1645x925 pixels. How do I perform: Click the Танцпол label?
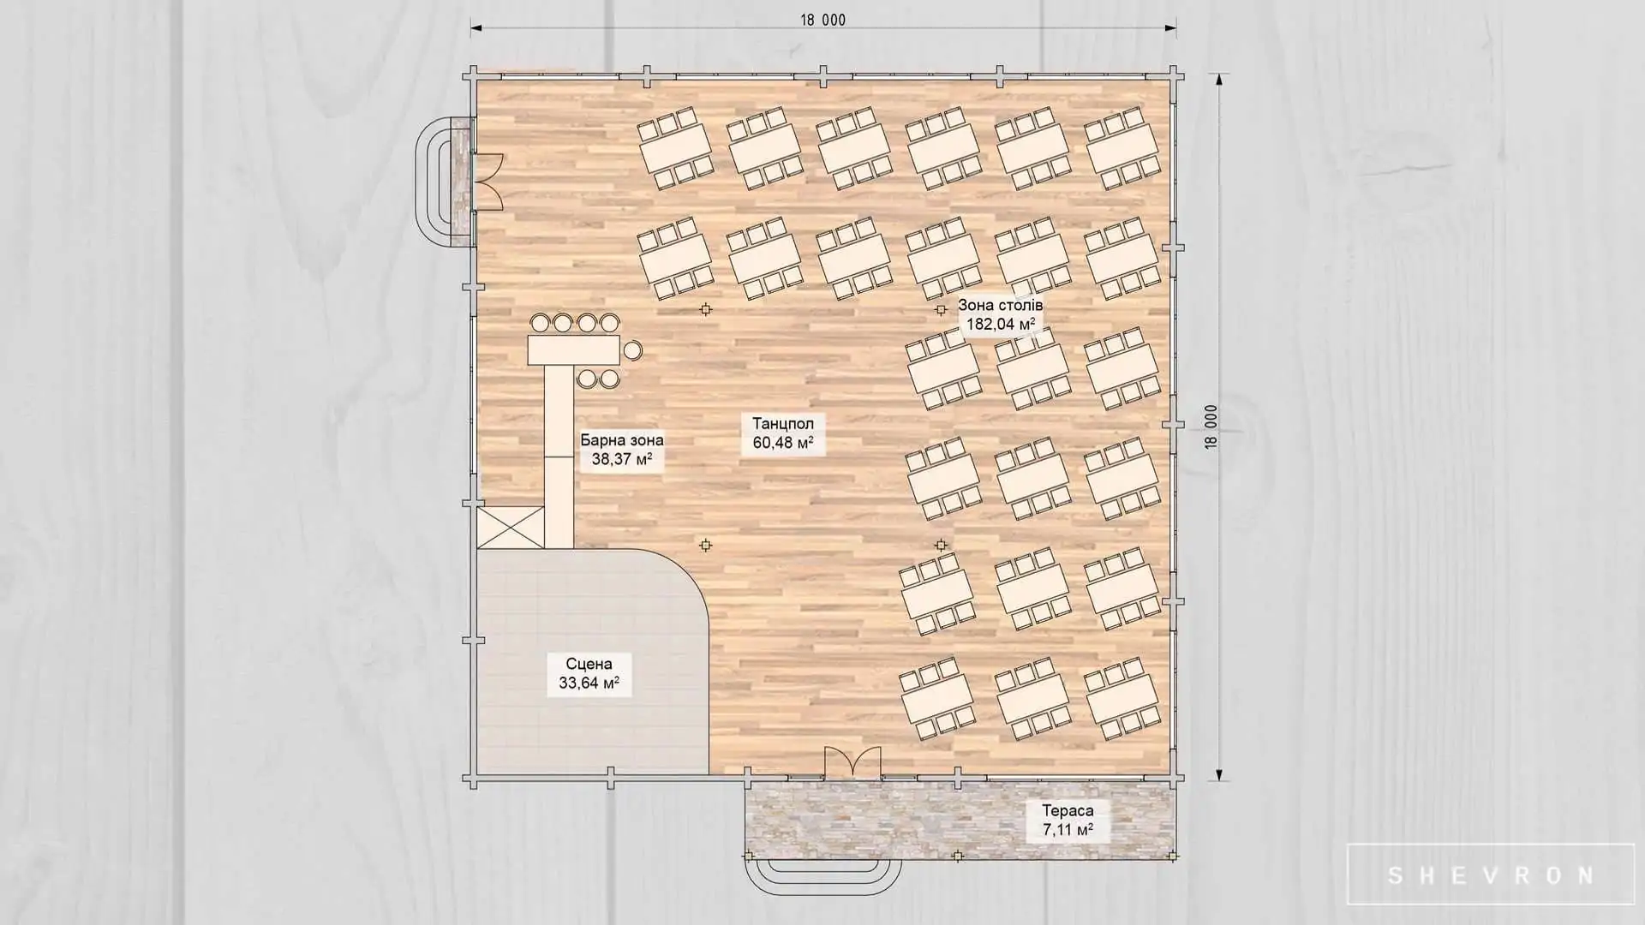pyautogui.click(x=783, y=424)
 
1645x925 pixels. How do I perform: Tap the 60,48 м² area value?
pyautogui.click(x=783, y=443)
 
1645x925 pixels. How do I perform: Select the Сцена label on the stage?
pyautogui.click(x=589, y=664)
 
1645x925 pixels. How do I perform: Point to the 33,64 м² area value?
pyautogui.click(x=589, y=683)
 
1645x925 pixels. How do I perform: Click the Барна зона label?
pyautogui.click(x=622, y=440)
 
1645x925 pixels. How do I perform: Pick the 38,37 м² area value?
pyautogui.click(x=622, y=459)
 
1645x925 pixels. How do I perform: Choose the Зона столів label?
pyautogui.click(x=1001, y=305)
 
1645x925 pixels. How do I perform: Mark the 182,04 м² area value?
pyautogui.click(x=1001, y=324)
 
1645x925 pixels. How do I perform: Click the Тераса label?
pyautogui.click(x=1068, y=810)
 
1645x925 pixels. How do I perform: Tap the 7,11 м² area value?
pyautogui.click(x=1068, y=829)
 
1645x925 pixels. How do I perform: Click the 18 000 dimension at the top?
pyautogui.click(x=823, y=20)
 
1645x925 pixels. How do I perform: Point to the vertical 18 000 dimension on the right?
pyautogui.click(x=1211, y=427)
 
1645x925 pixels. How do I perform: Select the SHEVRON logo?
pyautogui.click(x=1491, y=875)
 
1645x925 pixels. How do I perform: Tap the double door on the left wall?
pyautogui.click(x=489, y=181)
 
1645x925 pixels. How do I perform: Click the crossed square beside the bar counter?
pyautogui.click(x=511, y=527)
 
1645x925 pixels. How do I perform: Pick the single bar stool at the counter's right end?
pyautogui.click(x=632, y=349)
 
